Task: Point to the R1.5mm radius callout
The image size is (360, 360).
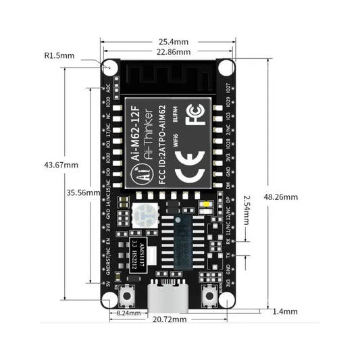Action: pos(59,56)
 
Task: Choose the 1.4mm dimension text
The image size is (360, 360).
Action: pos(286,311)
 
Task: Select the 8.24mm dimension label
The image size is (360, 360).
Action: pos(128,313)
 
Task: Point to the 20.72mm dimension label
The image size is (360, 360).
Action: pos(169,319)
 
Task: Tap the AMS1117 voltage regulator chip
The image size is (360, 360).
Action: pos(138,252)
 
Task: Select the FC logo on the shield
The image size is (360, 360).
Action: pos(195,116)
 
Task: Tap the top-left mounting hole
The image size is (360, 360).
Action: pos(109,68)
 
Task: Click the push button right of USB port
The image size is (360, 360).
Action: pos(210,294)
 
